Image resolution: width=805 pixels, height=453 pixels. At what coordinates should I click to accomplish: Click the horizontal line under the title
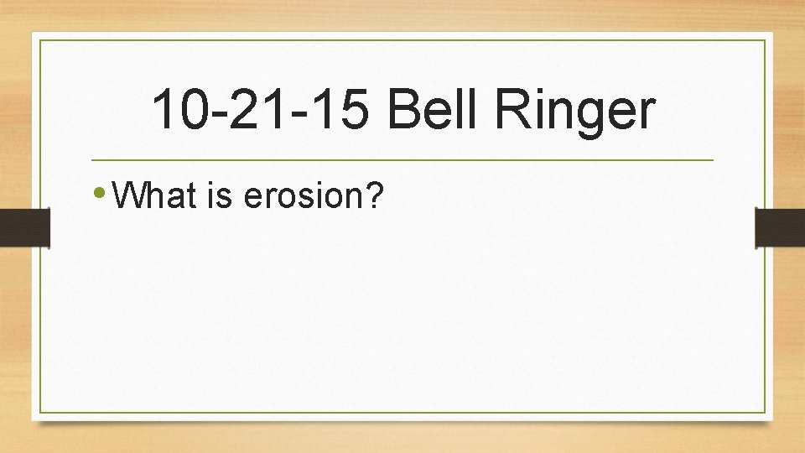pos(402,159)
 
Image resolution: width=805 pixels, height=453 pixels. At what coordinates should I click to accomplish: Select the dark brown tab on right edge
pos(780,227)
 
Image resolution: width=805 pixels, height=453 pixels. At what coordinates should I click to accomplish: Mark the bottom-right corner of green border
pos(765,412)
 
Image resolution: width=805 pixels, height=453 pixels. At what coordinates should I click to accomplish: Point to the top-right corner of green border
pos(765,40)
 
